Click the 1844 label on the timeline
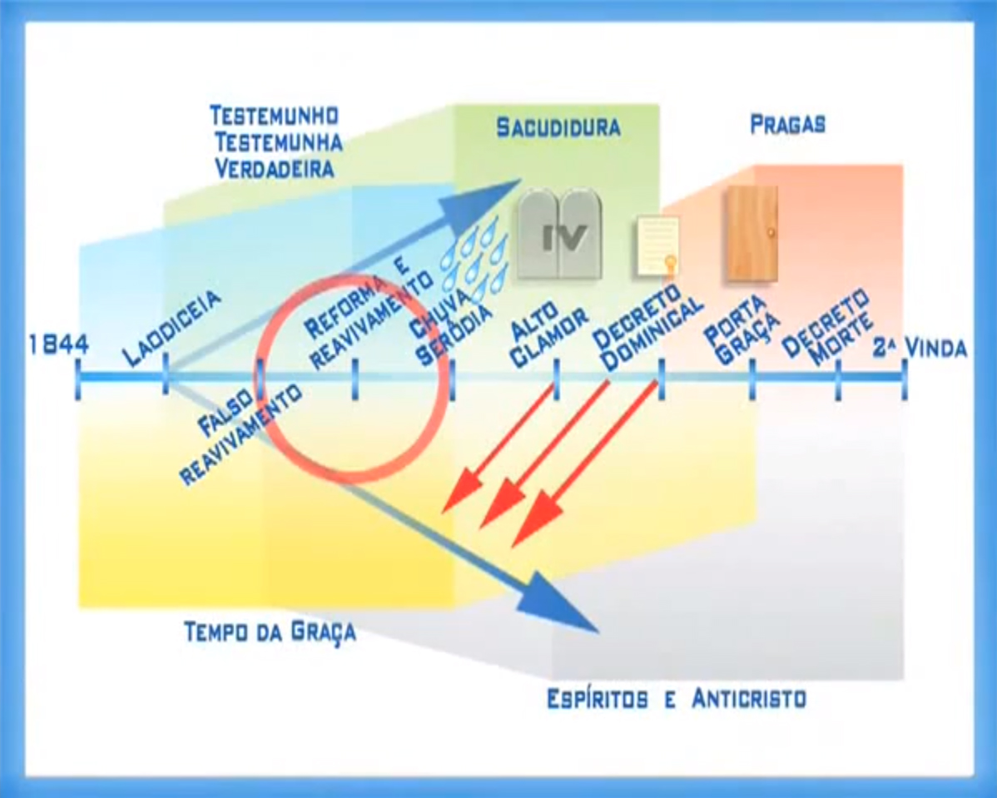pos(58,344)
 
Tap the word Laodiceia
pos(172,328)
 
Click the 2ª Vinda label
pos(920,348)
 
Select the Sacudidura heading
pos(558,127)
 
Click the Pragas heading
pos(787,125)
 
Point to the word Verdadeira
pos(275,169)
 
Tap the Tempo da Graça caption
pos(270,632)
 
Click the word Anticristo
pos(749,698)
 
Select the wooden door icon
pos(751,233)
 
